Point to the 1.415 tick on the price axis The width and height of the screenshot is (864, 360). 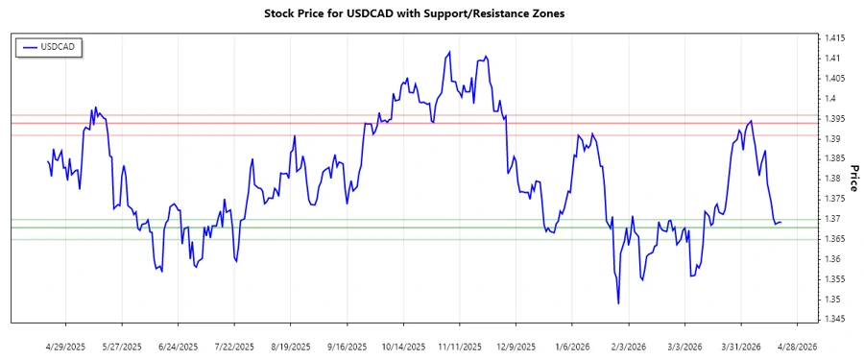click(831, 38)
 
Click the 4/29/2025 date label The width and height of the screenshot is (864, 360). click(66, 346)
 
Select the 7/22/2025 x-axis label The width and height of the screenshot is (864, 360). click(234, 346)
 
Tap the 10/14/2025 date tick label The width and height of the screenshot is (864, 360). click(404, 346)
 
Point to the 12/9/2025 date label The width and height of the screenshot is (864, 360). click(516, 346)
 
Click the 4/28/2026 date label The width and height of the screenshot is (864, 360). click(797, 346)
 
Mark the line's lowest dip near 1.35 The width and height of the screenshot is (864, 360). click(618, 303)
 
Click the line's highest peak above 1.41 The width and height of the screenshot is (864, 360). click(449, 52)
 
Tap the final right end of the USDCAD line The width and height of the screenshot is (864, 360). click(780, 222)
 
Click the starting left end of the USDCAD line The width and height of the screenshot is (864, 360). click(48, 160)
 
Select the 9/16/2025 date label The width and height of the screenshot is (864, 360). click(347, 346)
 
